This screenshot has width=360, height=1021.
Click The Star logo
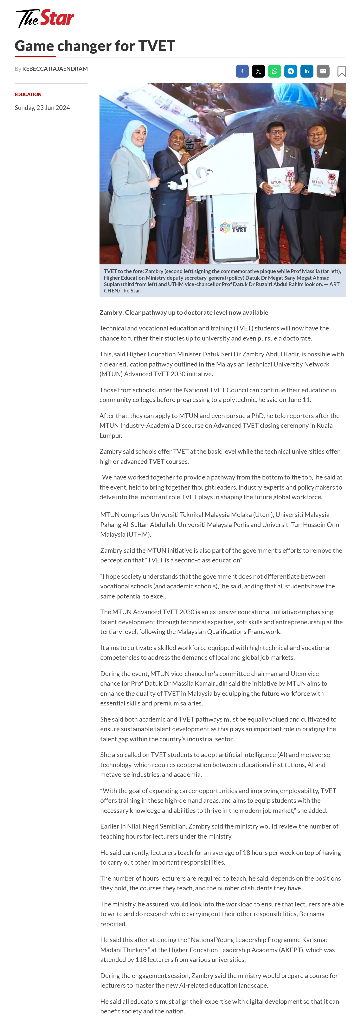(x=45, y=18)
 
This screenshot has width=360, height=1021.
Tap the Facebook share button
(x=242, y=71)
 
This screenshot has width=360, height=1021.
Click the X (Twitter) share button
(x=258, y=71)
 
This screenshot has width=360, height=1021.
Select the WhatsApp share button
(x=274, y=71)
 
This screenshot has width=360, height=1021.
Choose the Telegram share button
(x=291, y=71)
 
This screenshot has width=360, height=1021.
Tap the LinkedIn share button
(x=306, y=71)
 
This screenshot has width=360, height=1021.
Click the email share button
(x=323, y=71)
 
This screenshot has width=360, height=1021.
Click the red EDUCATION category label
(x=28, y=94)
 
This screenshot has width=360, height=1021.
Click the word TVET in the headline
(x=156, y=46)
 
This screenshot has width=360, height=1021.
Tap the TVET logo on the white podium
(x=234, y=227)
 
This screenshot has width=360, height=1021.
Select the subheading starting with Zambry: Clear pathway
(x=183, y=312)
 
